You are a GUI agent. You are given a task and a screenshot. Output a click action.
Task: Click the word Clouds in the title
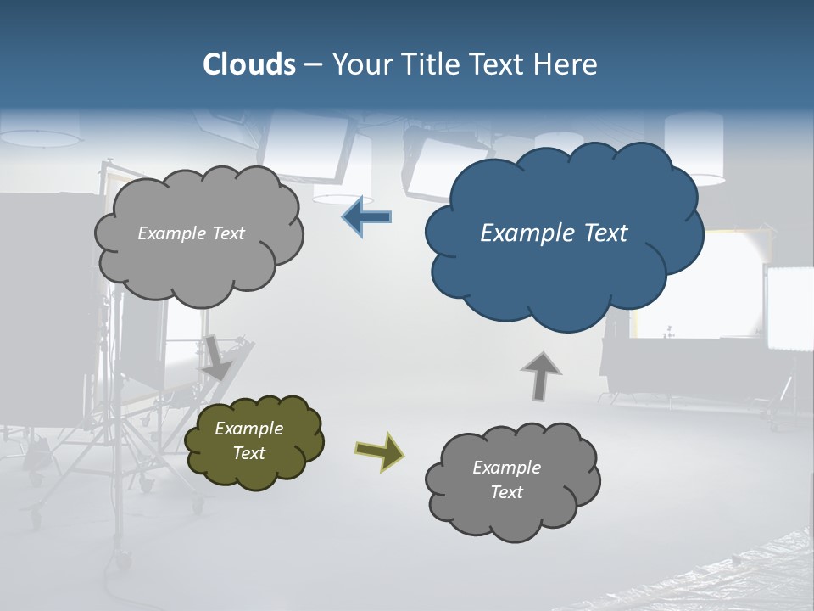[x=248, y=64]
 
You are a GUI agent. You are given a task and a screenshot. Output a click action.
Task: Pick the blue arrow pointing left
[x=366, y=217]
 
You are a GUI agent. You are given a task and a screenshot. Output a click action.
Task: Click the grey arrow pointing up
[x=540, y=376]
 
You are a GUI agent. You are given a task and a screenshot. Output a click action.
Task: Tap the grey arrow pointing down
[x=216, y=357]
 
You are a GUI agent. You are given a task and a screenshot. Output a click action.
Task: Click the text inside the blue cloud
[x=554, y=233]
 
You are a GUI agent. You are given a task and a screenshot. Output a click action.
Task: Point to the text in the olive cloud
[x=248, y=440]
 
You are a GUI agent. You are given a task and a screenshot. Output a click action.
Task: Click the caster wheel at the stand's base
[x=124, y=559]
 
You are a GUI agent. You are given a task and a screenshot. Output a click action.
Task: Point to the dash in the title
[x=313, y=65]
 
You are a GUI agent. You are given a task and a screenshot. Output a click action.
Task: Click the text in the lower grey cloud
[x=506, y=479]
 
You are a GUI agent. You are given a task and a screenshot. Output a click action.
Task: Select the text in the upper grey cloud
[x=191, y=233]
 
